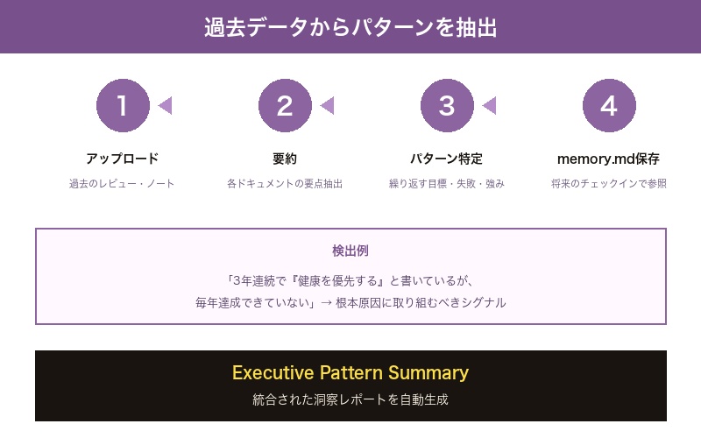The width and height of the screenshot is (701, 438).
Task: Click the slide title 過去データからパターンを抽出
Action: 350,27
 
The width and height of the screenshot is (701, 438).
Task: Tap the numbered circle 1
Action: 123,105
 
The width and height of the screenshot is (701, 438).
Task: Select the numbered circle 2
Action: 285,105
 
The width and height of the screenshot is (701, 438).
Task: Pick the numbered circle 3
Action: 447,105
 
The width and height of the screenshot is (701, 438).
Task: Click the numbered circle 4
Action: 609,105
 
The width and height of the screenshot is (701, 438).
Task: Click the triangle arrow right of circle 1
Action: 165,105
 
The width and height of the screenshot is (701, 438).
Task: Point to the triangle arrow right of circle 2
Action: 327,105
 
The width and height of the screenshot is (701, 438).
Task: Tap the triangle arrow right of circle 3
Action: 489,105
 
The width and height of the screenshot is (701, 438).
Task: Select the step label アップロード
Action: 123,159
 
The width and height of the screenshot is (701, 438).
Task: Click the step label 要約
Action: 285,159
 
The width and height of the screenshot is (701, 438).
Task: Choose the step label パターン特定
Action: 447,159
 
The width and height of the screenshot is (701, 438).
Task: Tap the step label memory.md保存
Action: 609,159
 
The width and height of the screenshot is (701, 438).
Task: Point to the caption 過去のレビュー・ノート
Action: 123,184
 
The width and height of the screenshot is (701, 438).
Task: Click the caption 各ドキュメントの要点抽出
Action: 285,184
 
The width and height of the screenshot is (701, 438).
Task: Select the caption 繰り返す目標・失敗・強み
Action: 447,184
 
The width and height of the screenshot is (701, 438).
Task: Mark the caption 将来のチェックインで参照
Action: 609,184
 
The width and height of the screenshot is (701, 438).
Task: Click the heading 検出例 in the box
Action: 350,251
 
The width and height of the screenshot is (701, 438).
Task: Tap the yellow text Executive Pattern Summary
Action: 350,372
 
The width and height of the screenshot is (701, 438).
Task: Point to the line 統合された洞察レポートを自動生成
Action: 350,399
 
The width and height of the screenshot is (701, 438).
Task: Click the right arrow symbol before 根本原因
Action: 325,302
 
